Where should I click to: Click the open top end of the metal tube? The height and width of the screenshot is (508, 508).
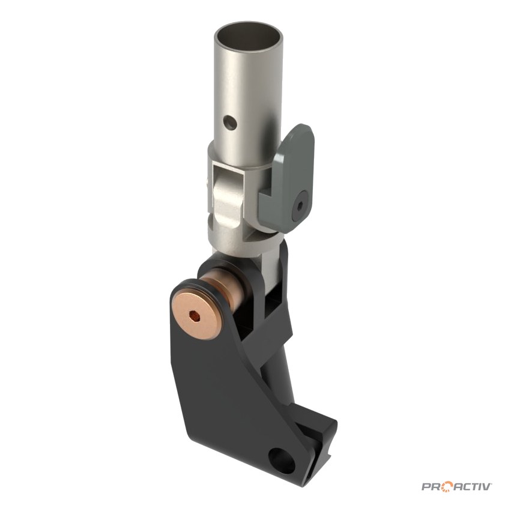pyautogui.click(x=250, y=36)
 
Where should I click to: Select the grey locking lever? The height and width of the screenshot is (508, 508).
pyautogui.click(x=286, y=178)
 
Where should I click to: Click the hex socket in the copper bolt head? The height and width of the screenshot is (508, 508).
pyautogui.click(x=194, y=315)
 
